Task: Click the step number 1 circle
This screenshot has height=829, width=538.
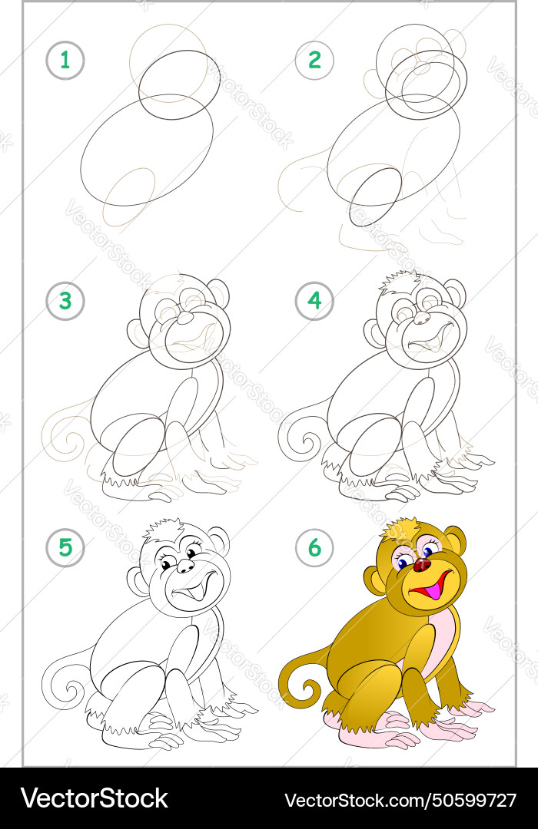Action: pyautogui.click(x=65, y=61)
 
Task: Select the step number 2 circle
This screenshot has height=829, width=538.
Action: pyautogui.click(x=314, y=61)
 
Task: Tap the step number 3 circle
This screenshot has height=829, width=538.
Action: pyautogui.click(x=65, y=301)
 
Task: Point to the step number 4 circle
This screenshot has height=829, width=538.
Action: pyautogui.click(x=314, y=301)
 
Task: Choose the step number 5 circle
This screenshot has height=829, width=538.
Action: pyautogui.click(x=65, y=547)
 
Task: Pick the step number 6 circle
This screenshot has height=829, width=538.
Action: pyautogui.click(x=314, y=547)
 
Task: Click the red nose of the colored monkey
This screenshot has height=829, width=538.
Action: pyautogui.click(x=422, y=564)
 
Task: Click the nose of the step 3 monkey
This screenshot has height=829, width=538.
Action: pyautogui.click(x=186, y=318)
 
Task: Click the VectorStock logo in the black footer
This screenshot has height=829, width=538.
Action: pyautogui.click(x=95, y=799)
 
